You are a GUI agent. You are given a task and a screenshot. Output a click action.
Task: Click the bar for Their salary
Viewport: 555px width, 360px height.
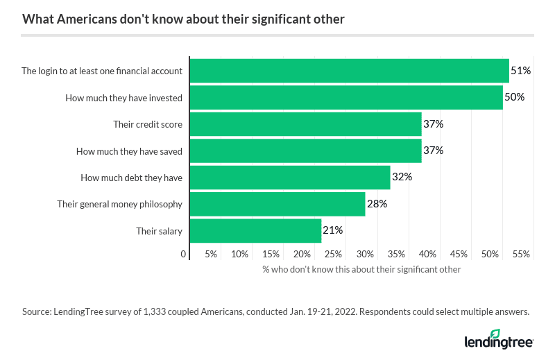255,230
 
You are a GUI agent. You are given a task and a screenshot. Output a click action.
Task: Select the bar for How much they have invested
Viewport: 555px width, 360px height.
346,98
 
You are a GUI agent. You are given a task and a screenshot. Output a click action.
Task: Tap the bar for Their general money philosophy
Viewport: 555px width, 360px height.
277,204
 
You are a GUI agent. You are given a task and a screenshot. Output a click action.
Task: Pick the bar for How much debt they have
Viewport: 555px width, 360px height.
290,178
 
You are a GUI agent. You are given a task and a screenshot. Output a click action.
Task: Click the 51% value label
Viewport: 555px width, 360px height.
521,71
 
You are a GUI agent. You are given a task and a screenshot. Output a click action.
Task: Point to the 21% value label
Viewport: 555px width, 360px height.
333,230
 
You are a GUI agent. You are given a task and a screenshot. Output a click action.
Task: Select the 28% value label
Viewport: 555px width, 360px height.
377,204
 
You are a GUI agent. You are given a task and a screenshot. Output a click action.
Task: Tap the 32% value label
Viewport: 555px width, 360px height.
402,178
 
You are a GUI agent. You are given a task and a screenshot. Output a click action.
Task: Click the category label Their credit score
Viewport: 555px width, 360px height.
148,124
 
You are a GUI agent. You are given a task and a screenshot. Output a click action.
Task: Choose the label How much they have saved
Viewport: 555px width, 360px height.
129,151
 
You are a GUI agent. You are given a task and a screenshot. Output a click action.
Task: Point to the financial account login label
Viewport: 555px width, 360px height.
102,71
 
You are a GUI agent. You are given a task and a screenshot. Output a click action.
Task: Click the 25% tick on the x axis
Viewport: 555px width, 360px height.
333,255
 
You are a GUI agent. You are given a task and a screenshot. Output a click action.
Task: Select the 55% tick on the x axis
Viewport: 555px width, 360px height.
521,255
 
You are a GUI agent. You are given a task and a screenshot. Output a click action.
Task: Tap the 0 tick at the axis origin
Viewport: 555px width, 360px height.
184,255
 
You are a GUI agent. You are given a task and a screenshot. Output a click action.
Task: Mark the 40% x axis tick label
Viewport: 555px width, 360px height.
427,255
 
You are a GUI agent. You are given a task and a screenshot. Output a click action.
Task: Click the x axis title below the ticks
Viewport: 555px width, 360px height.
361,269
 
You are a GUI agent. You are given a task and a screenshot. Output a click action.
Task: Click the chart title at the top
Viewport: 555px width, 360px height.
183,19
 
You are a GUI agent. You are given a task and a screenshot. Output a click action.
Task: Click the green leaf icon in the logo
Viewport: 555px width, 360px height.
495,334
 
